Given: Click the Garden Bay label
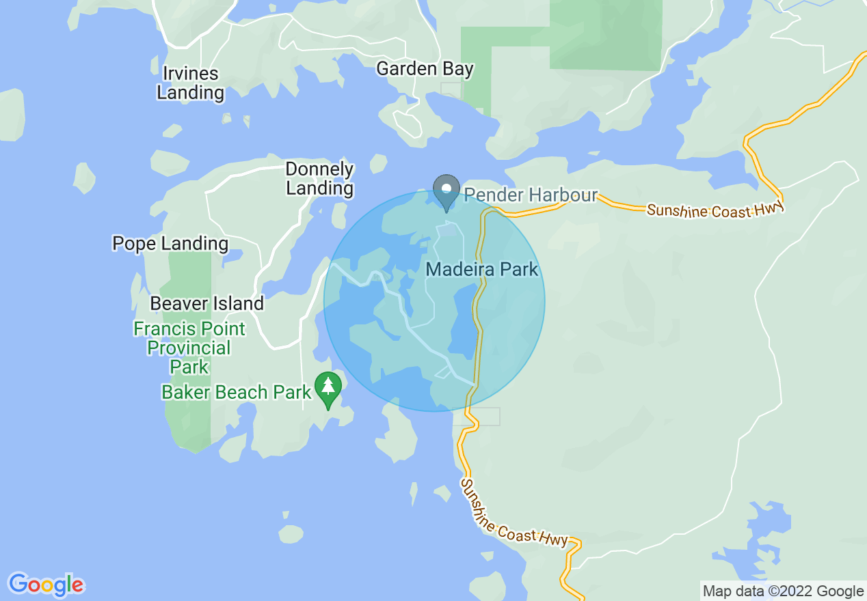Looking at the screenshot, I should pos(425,69).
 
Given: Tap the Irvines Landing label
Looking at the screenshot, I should pos(191,83).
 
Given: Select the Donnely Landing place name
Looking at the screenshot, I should pos(319,179).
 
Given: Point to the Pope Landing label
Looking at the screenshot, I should pos(170,244).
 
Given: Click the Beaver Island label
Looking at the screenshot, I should pos(206,304).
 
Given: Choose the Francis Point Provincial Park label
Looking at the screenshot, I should pos(189,348).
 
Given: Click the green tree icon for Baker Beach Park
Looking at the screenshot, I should pos(328,387).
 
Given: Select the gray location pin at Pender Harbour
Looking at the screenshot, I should pos(446,189).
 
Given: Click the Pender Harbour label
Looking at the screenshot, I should pos(531,195).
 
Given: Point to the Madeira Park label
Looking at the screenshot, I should pos(482,269).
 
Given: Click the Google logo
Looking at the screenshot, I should pos(46,585).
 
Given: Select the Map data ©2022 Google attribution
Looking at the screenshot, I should pos(783,591).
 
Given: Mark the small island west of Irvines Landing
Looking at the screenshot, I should pos(12,115).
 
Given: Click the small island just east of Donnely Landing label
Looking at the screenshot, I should pos(378,164).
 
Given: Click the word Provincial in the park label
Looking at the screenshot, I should pos(189,348).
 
